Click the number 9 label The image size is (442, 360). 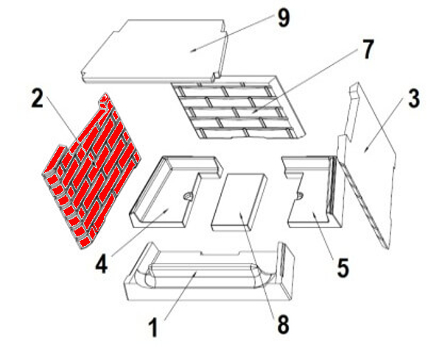(284, 18)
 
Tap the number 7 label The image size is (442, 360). (367, 49)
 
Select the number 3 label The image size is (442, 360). (413, 99)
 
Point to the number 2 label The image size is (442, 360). (38, 98)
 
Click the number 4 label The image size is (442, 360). (102, 264)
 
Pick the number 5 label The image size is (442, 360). (343, 268)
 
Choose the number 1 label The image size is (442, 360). (153, 328)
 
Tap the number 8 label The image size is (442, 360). (283, 324)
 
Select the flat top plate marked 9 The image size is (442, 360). (154, 51)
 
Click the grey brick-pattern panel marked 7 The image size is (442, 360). (239, 108)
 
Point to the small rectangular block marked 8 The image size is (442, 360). (239, 202)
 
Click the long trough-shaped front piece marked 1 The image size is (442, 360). (209, 272)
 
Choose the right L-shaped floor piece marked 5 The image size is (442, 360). (314, 191)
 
